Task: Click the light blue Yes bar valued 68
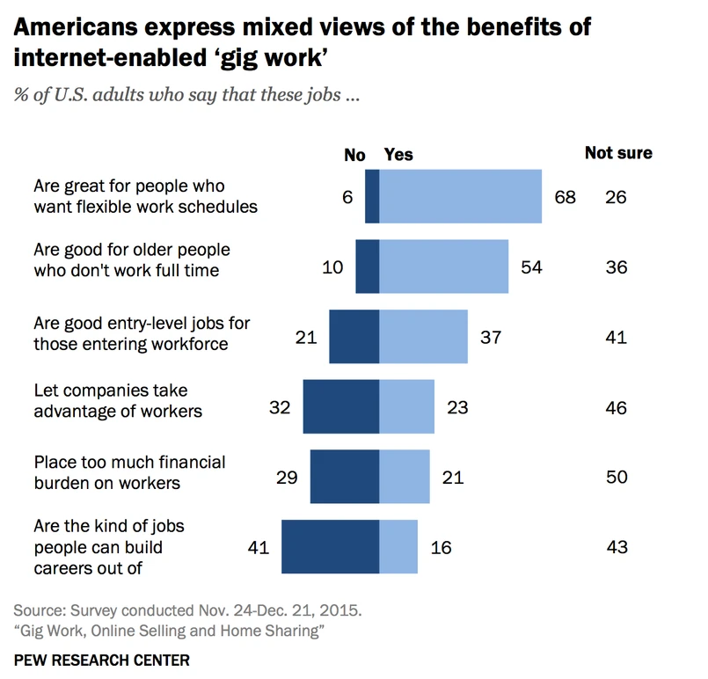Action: [460, 197]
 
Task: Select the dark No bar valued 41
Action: [330, 547]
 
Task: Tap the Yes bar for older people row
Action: [443, 266]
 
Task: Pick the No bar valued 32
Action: [340, 407]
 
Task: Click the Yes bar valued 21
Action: [405, 477]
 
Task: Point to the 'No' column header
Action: [354, 155]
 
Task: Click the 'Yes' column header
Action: [398, 155]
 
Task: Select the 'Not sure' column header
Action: [618, 153]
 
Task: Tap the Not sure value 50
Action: [617, 477]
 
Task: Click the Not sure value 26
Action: [616, 197]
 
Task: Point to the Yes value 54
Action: [531, 267]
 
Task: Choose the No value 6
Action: [347, 197]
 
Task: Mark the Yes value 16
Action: [442, 547]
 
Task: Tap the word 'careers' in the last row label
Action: [65, 567]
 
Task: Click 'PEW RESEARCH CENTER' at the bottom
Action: [102, 659]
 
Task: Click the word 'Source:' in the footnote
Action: [42, 610]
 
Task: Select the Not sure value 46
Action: [617, 407]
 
